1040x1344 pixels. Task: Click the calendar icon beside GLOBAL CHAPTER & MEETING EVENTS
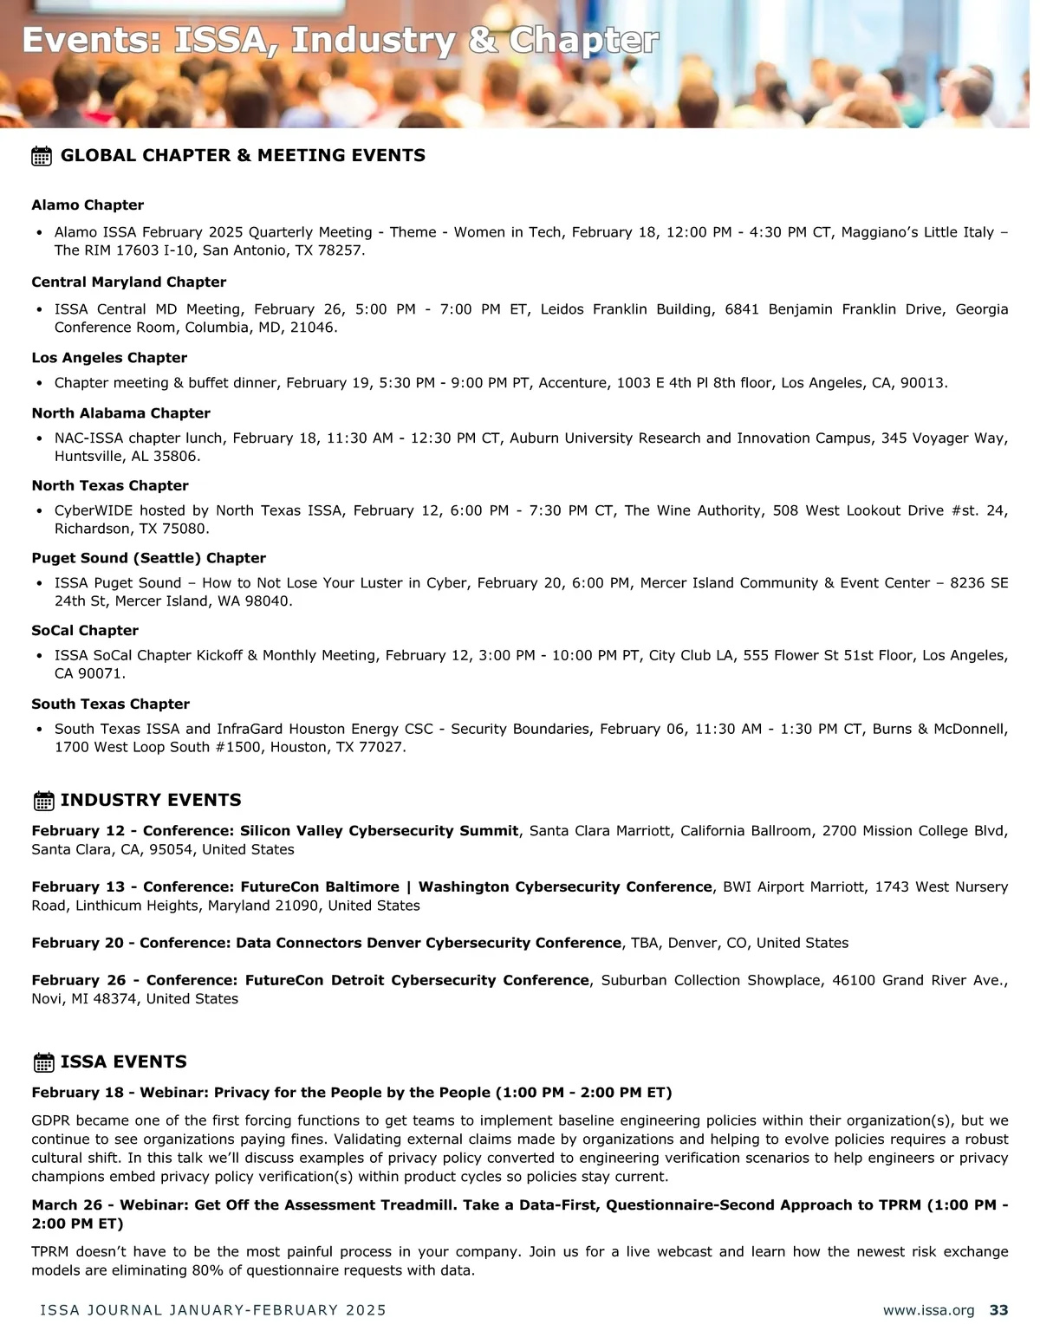(42, 156)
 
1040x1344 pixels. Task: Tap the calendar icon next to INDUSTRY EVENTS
(43, 801)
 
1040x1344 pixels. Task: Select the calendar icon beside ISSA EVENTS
(43, 1062)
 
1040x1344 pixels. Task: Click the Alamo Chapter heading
(88, 205)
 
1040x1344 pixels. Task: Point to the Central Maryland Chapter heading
(128, 282)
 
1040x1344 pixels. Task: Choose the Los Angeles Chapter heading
(109, 358)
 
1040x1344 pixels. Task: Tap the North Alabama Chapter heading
(120, 413)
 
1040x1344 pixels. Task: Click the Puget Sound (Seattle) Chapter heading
(148, 558)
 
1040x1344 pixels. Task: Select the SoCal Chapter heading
(85, 631)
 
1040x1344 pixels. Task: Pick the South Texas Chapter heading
(110, 704)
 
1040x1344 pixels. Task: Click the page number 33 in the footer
(998, 1310)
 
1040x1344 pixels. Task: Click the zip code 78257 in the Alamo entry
(342, 250)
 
